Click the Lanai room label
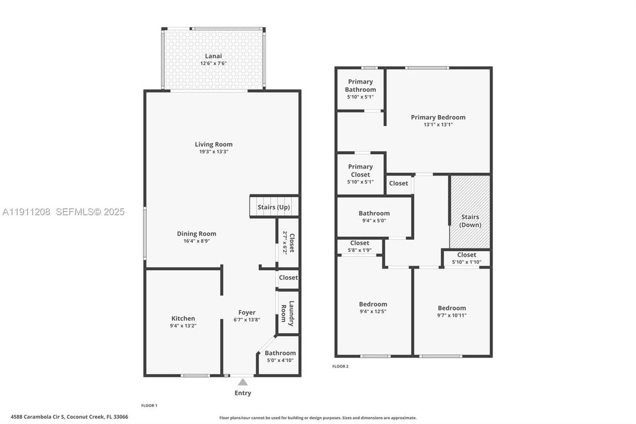click(214, 56)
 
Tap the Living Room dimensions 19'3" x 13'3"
click(214, 151)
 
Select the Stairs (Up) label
click(274, 207)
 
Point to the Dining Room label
click(197, 234)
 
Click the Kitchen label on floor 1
click(183, 319)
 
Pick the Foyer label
click(247, 313)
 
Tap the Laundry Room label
click(287, 314)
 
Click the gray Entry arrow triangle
click(242, 382)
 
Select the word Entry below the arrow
click(242, 393)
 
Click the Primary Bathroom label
click(360, 85)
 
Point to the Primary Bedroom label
click(438, 117)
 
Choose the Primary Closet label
click(360, 171)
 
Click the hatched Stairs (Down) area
click(470, 212)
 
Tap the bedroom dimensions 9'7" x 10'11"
click(451, 315)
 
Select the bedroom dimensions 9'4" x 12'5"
click(373, 312)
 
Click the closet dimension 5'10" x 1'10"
click(467, 262)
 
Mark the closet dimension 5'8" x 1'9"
click(359, 250)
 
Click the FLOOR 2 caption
click(340, 366)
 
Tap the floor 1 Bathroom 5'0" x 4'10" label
click(280, 356)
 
